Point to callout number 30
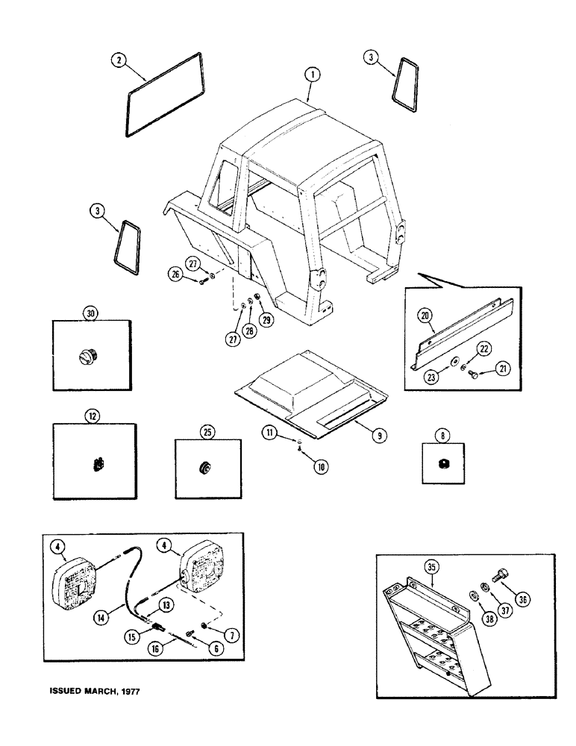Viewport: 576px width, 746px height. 91,314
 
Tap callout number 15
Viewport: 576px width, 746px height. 131,636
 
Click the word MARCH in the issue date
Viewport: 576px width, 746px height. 96,691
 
